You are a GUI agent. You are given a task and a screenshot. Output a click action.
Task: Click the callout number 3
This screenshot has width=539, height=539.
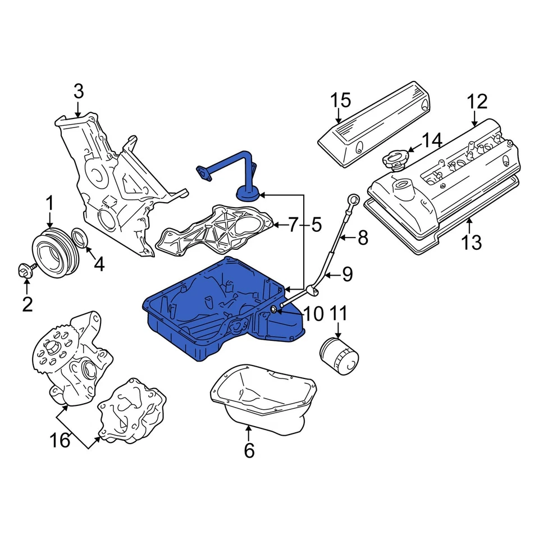point(78,90)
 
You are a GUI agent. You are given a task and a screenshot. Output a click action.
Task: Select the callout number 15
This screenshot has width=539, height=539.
point(340,101)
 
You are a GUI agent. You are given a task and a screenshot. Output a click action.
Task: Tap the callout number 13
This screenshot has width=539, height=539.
point(472,243)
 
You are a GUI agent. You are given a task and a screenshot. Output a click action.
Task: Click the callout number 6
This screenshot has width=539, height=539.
point(249,450)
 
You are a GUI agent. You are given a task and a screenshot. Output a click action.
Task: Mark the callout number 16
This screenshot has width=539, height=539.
point(61,440)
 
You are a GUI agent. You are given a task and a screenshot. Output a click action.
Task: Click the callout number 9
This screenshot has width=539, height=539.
point(347,275)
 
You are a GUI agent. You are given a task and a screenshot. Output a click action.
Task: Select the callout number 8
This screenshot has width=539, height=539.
point(363,238)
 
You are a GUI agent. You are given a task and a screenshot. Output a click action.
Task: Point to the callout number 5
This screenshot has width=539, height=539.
point(316,226)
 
